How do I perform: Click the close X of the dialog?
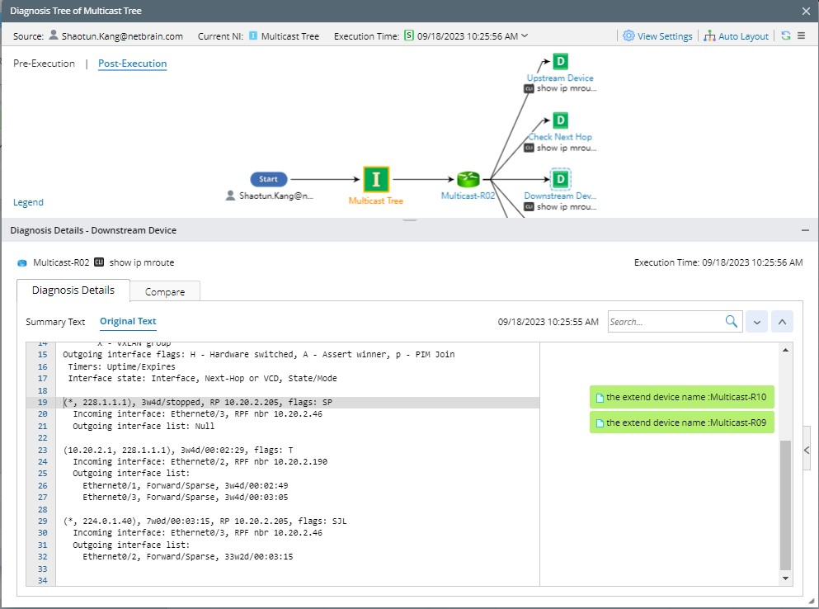806,11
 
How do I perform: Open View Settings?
657,36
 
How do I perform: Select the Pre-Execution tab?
44,64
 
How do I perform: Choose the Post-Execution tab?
132,64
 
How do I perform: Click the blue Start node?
269,179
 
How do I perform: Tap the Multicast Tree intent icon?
376,179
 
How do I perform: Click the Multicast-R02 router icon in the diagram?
468,179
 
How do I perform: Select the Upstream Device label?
560,78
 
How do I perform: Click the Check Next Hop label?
560,137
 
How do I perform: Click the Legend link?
28,202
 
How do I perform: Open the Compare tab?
165,291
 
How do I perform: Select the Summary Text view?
55,322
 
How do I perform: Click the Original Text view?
128,322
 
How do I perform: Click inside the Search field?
666,322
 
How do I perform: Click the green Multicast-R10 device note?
682,397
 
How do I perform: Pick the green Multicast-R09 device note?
682,423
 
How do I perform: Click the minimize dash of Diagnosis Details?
805,230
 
